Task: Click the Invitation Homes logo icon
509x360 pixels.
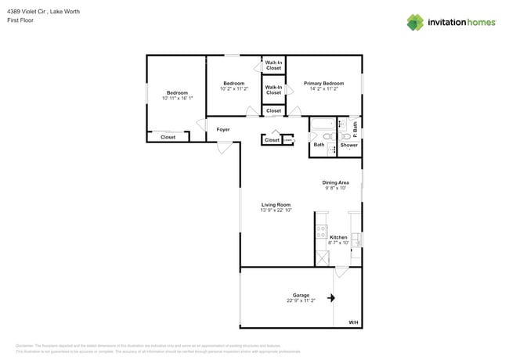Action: click(415, 23)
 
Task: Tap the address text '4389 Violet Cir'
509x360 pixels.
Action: click(25, 12)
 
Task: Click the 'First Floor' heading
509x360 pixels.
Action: click(19, 20)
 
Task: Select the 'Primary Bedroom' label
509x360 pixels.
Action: click(323, 83)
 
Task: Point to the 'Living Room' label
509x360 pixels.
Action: click(276, 204)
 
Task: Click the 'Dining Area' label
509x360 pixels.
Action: click(335, 182)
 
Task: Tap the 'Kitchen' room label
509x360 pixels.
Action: click(338, 237)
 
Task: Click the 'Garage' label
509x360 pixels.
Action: click(301, 295)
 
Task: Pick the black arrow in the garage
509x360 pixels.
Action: click(332, 297)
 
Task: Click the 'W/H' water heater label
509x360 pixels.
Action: click(353, 322)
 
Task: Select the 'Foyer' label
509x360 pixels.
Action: click(223, 128)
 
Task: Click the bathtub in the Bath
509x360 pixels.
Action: click(322, 124)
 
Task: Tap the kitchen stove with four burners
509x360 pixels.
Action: click(321, 232)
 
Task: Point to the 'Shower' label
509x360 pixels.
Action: click(348, 145)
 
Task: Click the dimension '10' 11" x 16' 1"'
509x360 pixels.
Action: click(175, 99)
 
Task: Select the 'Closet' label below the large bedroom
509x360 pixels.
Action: click(168, 138)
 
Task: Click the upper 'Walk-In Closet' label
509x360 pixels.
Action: click(273, 65)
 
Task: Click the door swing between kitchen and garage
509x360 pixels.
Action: click(341, 272)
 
